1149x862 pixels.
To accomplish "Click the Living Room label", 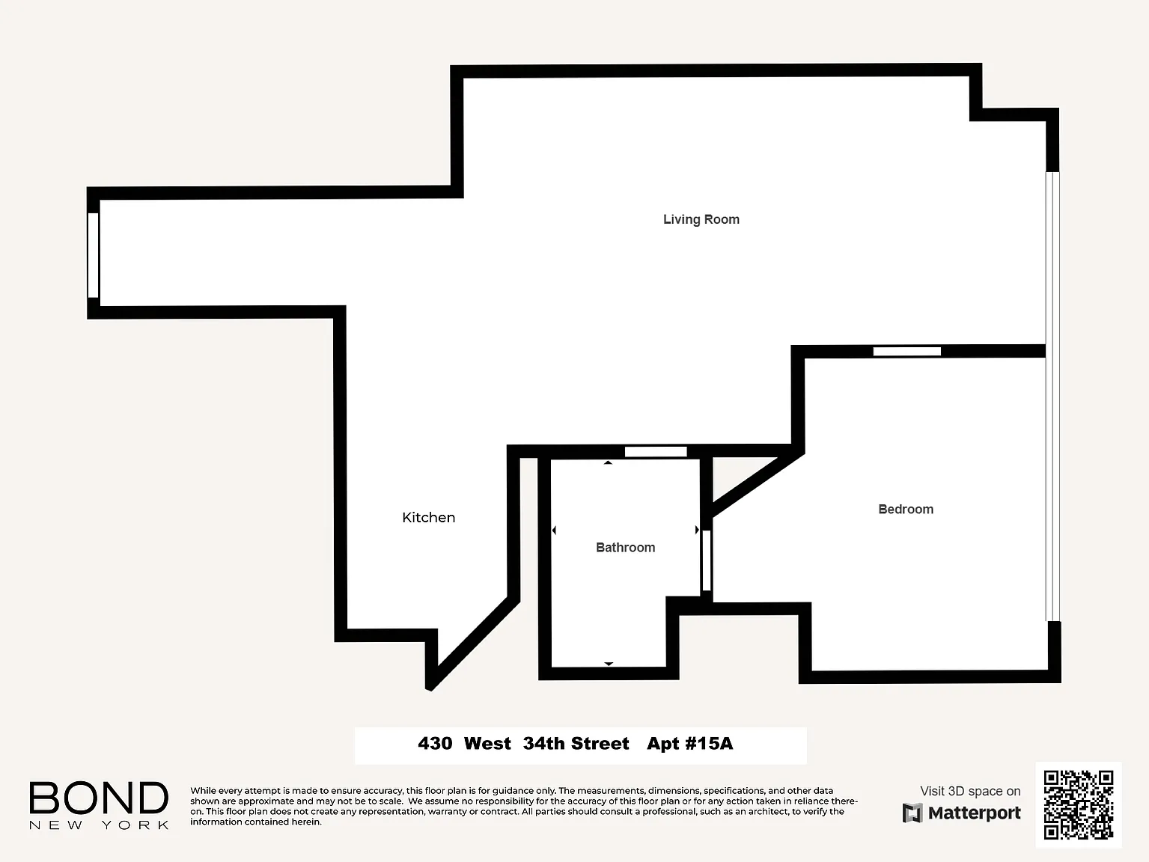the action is click(x=701, y=219).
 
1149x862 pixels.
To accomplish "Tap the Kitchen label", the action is click(x=428, y=517).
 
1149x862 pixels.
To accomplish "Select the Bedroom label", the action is click(x=906, y=509).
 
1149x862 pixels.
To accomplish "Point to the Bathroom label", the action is click(x=626, y=547).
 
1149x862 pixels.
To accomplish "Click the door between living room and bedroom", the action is click(x=906, y=352).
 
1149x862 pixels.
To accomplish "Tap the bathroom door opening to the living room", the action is click(x=656, y=452).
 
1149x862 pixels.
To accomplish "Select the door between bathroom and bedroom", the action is click(x=706, y=560).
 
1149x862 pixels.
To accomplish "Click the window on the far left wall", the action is click(x=93, y=255).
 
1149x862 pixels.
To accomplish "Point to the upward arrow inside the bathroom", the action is click(x=608, y=462).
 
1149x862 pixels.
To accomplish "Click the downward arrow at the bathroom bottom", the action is click(x=609, y=664).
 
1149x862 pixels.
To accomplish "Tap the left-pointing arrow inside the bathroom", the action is click(x=554, y=530).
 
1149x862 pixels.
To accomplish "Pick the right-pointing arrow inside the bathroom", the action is click(x=697, y=530).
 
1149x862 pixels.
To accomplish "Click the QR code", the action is click(x=1079, y=804).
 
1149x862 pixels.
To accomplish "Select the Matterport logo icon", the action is click(x=912, y=813).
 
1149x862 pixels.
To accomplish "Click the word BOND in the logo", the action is click(x=99, y=798).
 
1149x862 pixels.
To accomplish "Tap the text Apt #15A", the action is click(x=690, y=743).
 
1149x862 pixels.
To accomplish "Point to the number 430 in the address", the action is click(x=435, y=743).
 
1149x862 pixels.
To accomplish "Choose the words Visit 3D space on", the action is click(x=970, y=791).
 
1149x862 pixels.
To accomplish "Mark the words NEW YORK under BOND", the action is click(x=99, y=825).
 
